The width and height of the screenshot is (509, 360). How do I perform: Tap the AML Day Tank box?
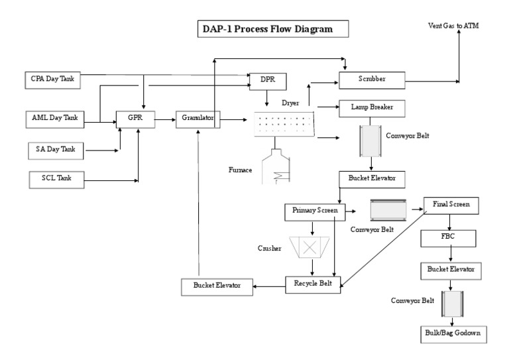pos(55,118)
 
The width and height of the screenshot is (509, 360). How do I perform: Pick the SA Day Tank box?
pos(56,150)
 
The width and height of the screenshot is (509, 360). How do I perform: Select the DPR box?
pos(267,81)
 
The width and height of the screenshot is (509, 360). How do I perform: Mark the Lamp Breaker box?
pos(371,106)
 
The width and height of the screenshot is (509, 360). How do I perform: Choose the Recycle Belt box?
pos(313,285)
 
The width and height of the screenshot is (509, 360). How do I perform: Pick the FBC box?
pos(451,237)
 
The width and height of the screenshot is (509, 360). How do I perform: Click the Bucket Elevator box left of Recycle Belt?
pos(218,286)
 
